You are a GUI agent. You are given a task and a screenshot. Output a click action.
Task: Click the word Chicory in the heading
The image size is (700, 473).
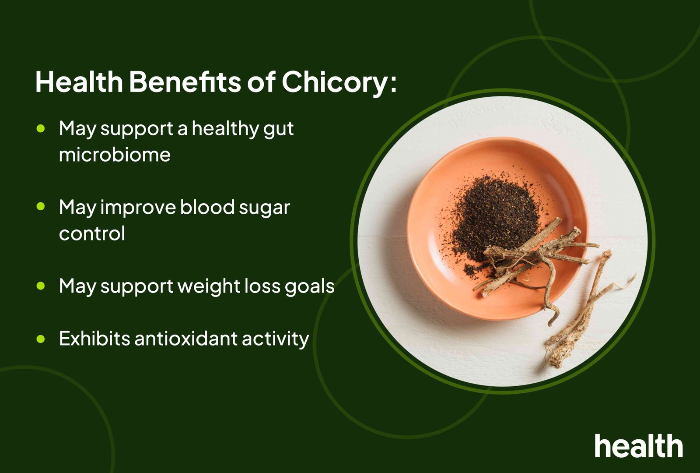335,82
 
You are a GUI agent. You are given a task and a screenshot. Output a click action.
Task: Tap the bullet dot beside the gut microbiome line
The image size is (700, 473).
41,128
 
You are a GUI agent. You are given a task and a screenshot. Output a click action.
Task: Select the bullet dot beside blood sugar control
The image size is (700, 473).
41,207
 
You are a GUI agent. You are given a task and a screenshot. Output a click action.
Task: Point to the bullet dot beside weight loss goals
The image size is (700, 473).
41,286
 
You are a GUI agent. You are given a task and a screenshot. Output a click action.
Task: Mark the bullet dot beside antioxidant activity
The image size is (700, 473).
41,339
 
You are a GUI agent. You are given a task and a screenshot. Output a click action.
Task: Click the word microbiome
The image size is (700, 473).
115,155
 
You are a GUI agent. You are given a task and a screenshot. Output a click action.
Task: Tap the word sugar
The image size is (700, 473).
264,208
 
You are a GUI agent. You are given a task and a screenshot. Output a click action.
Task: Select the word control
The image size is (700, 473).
92,233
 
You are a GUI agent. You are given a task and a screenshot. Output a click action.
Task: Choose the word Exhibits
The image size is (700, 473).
94,339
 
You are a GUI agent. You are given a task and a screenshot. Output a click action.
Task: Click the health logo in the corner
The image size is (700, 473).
638,446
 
